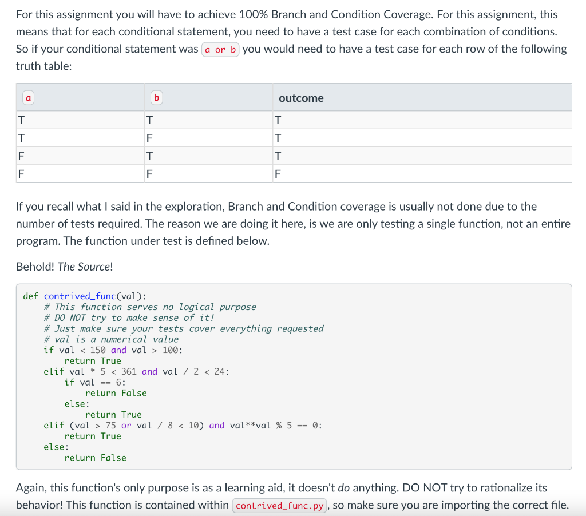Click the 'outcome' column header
pos(301,98)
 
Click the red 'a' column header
pos(27,98)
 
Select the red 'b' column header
pos(156,98)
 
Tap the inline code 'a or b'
pos(220,49)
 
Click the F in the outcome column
pos(278,174)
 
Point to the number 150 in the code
pos(98,350)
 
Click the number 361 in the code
pos(129,372)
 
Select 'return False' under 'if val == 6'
pos(116,393)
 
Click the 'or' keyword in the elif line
pos(126,426)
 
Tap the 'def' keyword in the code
pos(31,296)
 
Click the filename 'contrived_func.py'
pos(280,506)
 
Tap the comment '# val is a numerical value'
pos(111,339)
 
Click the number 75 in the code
pos(111,426)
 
